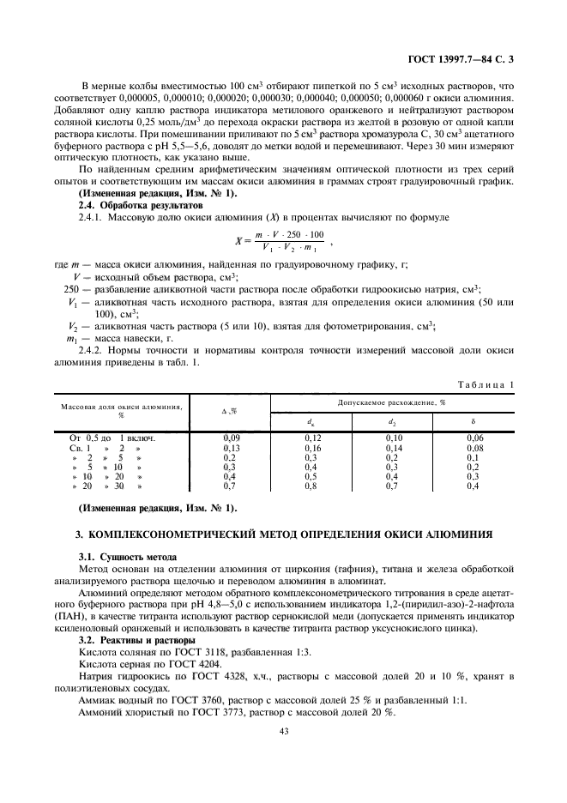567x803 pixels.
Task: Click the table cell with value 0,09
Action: click(x=231, y=438)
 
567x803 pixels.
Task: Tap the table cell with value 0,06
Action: click(x=472, y=438)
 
